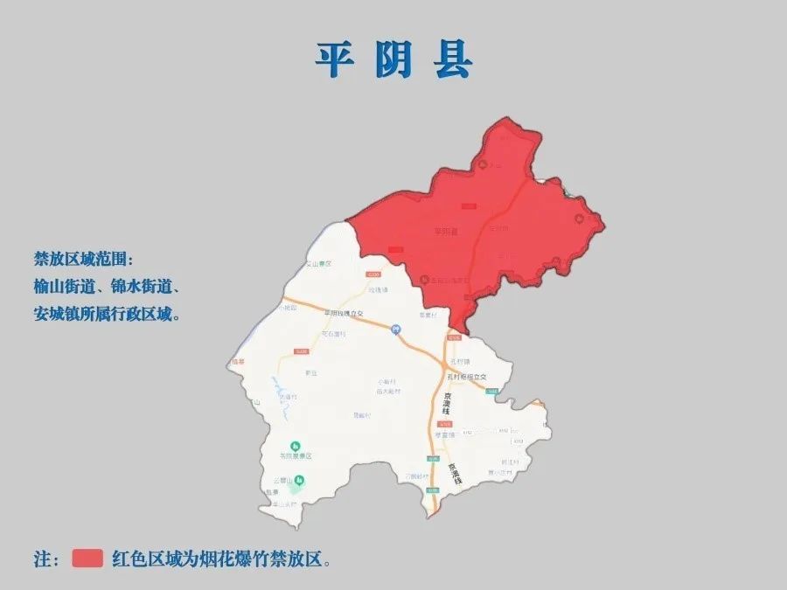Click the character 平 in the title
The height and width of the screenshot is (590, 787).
click(x=336, y=60)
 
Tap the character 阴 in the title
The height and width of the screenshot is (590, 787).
click(x=394, y=60)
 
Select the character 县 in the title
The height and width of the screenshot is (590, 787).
click(x=452, y=60)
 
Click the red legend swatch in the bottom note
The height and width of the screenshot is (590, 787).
click(x=87, y=559)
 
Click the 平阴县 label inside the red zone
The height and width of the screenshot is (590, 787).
click(x=446, y=232)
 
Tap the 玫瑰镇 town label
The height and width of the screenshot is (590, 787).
click(x=377, y=290)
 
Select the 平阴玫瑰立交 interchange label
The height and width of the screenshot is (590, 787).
click(x=343, y=313)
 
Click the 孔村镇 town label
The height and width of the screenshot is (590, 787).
click(x=459, y=360)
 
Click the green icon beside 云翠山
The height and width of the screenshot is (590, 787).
click(x=299, y=480)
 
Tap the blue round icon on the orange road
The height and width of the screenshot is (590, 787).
click(x=395, y=330)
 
